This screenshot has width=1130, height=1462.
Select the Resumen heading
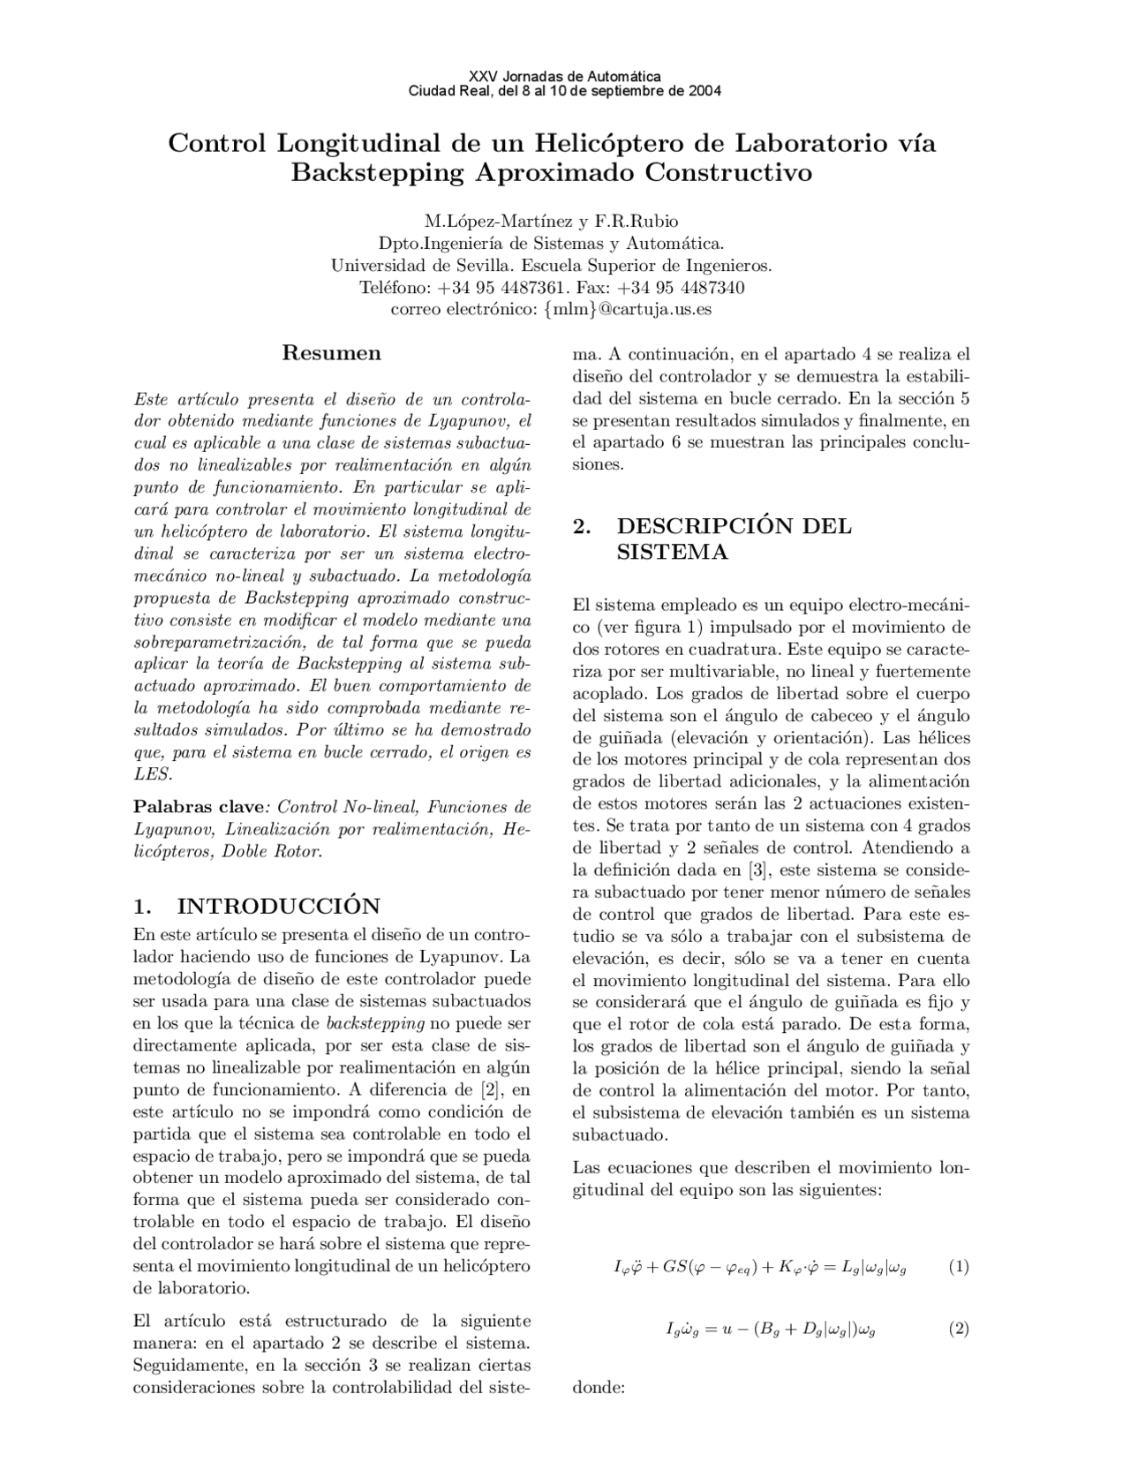(331, 353)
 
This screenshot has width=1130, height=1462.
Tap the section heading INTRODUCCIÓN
(279, 906)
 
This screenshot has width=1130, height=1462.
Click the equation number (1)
(959, 1267)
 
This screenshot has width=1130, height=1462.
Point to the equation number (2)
(959, 1328)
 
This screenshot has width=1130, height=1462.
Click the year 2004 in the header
(704, 91)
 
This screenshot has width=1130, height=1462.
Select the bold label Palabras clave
(199, 807)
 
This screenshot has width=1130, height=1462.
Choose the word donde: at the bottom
(599, 1386)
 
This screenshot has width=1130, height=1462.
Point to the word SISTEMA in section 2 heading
(672, 553)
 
